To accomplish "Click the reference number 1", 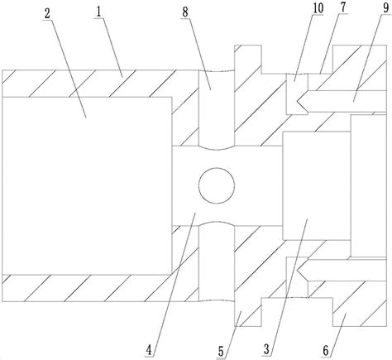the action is tap(98, 12).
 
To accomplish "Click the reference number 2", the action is tap(47, 13).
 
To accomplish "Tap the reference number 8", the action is tap(185, 12).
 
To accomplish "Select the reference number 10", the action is tap(318, 8).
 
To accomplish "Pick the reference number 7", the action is tap(342, 7).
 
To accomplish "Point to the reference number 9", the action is tap(385, 8).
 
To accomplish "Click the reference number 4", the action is tap(149, 350).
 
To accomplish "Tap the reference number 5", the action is tap(221, 352).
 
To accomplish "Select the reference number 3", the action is tap(266, 349).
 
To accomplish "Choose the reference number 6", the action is tap(326, 351).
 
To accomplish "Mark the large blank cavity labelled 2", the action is tap(87, 185).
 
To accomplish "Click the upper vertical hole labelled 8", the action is tap(217, 109).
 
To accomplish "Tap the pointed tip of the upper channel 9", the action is tap(297, 102).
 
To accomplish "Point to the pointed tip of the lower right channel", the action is tap(297, 269).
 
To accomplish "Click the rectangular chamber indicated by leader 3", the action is tap(317, 185).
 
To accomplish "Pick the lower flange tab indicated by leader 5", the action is tap(247, 313).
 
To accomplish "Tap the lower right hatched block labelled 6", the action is tap(360, 304).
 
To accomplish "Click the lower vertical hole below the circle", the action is tap(217, 262).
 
